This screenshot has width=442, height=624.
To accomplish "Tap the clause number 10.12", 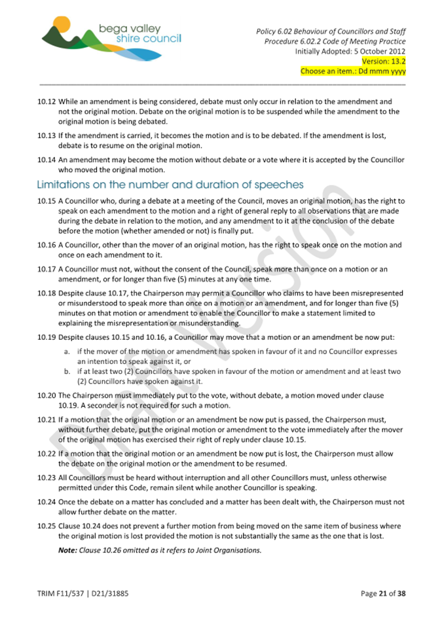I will tap(46, 101).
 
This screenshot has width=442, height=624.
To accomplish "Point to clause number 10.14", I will tap(46, 160).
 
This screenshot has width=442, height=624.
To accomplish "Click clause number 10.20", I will tap(46, 395).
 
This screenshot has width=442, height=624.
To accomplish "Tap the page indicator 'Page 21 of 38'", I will tap(383, 594).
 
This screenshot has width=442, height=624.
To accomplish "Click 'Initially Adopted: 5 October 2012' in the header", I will tap(350, 51).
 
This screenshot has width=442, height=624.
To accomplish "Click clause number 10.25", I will tap(46, 526).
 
